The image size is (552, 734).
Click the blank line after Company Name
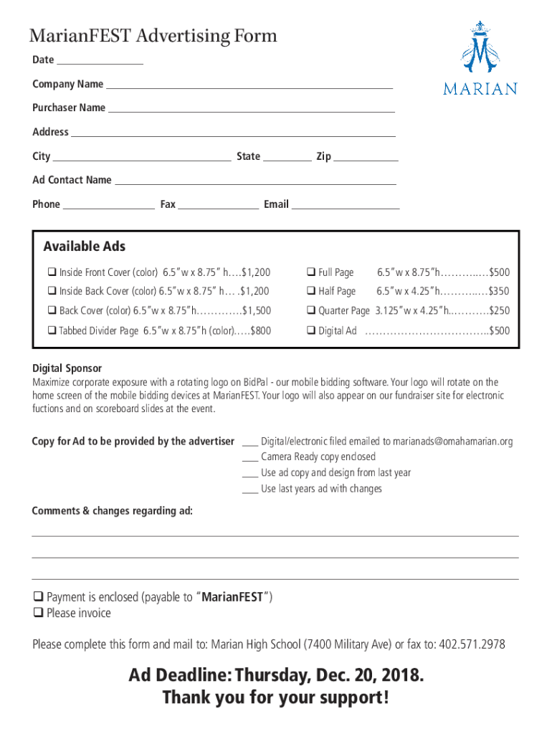coord(249,87)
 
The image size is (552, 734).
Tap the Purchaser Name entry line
coord(251,111)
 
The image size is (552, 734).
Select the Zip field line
coord(366,160)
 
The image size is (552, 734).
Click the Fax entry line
coord(218,208)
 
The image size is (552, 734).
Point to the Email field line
coord(345,208)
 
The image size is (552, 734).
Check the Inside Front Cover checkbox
coord(52,272)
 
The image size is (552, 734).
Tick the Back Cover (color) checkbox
coord(52,311)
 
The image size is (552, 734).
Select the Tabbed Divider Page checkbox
coord(52,331)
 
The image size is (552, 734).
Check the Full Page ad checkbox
coord(312,272)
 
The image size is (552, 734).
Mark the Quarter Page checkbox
coord(312,311)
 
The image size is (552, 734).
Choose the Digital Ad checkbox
coord(312,331)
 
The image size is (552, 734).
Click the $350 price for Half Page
coord(499,292)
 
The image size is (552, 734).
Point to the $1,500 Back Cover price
coord(257,311)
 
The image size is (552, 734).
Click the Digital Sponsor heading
coord(67,368)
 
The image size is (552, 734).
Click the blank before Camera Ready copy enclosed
coord(249,459)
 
